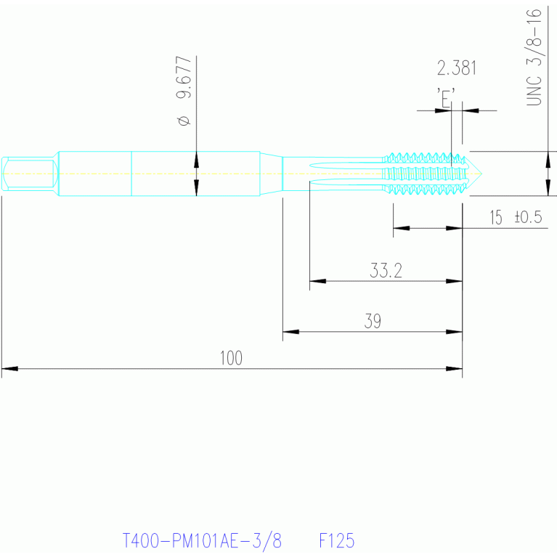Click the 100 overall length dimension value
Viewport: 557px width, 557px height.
pos(231,358)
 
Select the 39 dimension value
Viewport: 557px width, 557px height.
pos(373,321)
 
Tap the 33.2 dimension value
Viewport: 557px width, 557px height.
pos(386,270)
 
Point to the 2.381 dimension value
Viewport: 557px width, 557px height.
pos(457,68)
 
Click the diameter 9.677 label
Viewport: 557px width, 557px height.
pos(184,91)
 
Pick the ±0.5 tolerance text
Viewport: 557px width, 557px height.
pos(528,216)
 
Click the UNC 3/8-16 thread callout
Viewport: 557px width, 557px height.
pos(534,57)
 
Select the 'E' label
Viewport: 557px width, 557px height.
pos(446,97)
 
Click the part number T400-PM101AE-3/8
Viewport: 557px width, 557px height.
pos(202,541)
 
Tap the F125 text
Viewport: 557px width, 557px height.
pos(337,540)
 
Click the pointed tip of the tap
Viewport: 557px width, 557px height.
pos(481,174)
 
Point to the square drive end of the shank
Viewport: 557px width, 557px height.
pos(30,174)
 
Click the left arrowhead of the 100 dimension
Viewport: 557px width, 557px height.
pos(9,369)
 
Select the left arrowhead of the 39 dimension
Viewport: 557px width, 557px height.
pos(290,332)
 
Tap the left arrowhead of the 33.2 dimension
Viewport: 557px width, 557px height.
pos(317,281)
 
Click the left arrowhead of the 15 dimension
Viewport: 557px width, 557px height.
pos(401,228)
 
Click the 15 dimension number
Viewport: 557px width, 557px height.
pos(496,217)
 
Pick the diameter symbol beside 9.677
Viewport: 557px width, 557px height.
pos(184,121)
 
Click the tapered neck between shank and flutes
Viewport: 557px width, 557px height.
pos(271,174)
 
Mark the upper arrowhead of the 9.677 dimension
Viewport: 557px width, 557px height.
pos(197,160)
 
